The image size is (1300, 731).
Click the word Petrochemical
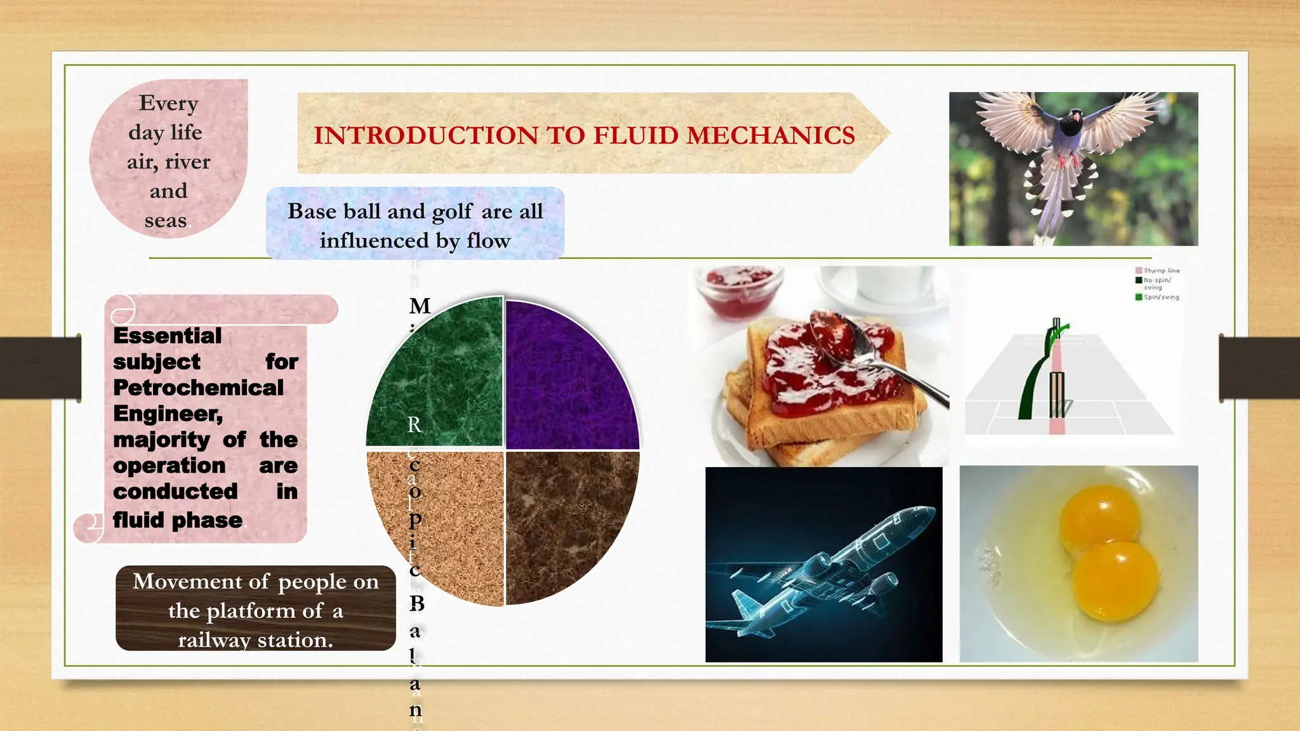tap(198, 388)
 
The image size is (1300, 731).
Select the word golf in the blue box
tap(451, 211)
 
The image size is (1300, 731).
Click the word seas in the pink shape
tap(166, 220)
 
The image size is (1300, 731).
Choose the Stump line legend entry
tap(1160, 270)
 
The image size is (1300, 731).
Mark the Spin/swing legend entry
tap(1160, 297)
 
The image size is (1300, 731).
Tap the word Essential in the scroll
tap(168, 336)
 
